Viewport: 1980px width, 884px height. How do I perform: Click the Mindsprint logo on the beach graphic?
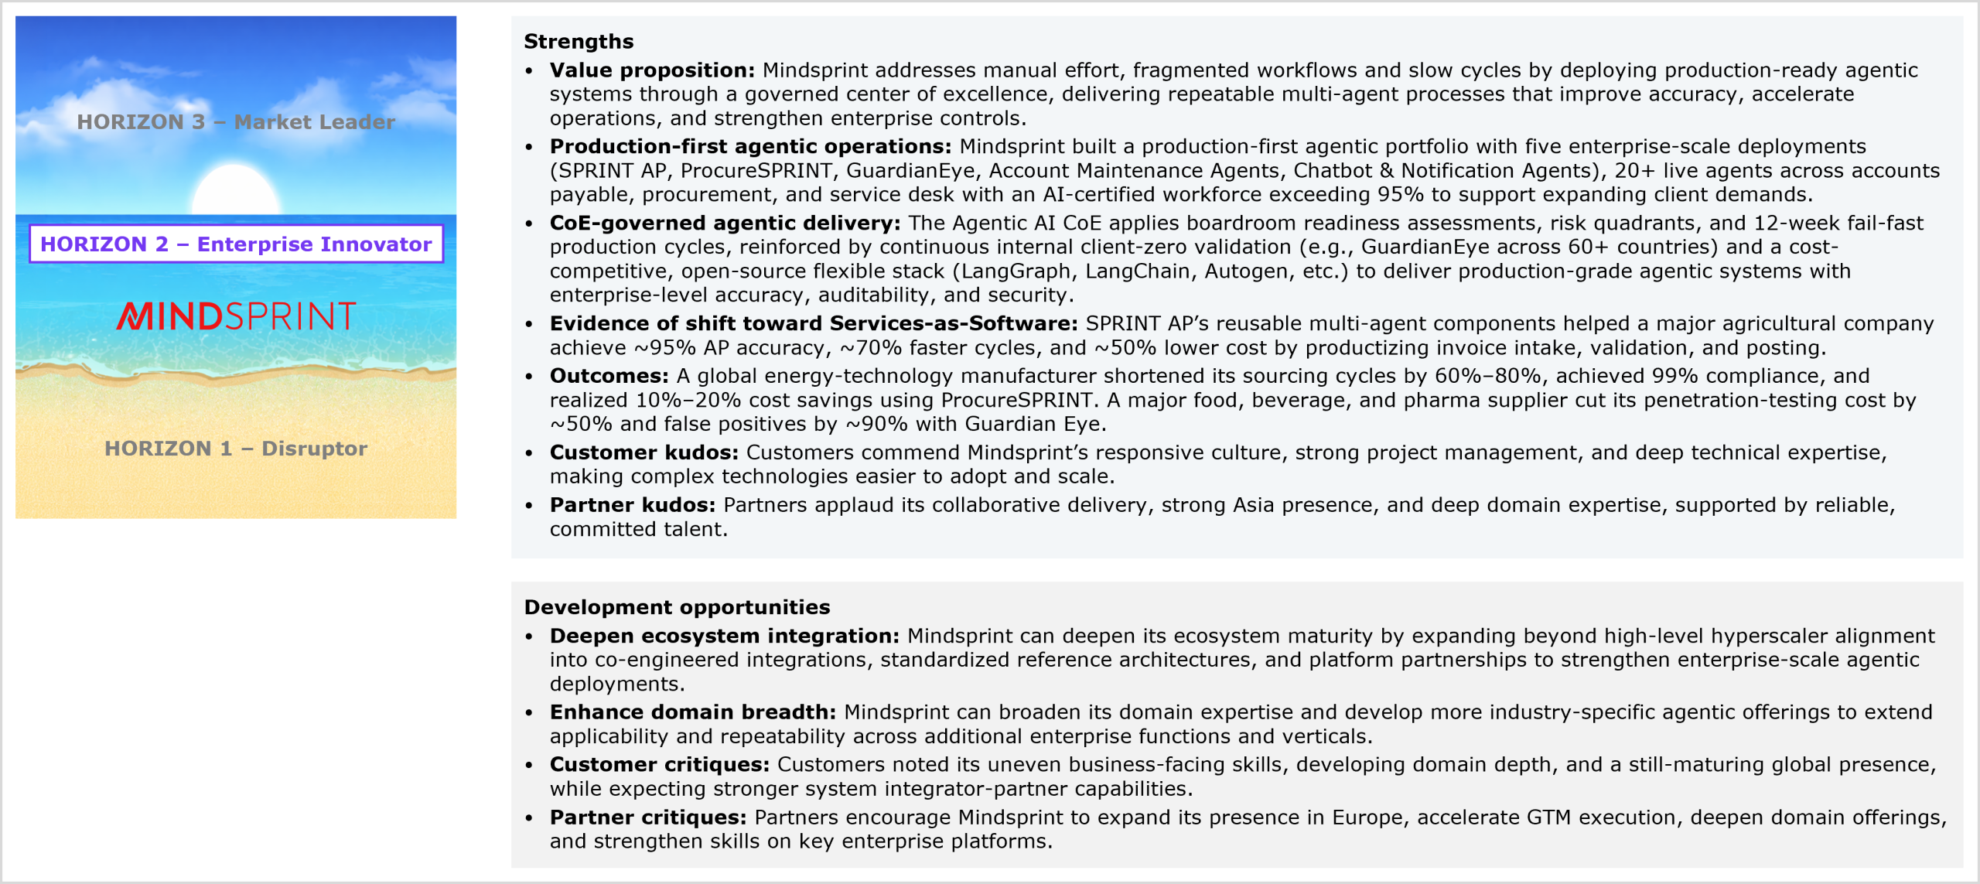pyautogui.click(x=236, y=316)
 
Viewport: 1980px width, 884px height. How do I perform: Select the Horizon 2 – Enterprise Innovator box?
pyautogui.click(x=236, y=244)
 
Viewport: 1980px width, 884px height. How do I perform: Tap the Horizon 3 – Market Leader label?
pyautogui.click(x=236, y=122)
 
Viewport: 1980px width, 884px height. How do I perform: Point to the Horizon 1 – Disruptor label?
pyautogui.click(x=236, y=449)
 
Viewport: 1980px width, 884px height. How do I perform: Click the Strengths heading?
pyautogui.click(x=579, y=42)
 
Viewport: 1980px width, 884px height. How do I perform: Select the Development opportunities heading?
pyautogui.click(x=677, y=607)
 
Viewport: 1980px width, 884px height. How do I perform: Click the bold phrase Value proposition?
pyautogui.click(x=652, y=70)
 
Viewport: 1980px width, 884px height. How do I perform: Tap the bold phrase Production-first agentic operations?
pyautogui.click(x=750, y=146)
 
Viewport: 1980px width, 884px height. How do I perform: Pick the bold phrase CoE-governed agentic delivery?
pyautogui.click(x=725, y=223)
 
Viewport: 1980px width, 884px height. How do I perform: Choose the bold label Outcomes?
pyautogui.click(x=609, y=376)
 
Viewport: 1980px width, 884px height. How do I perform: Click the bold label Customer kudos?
pyautogui.click(x=643, y=452)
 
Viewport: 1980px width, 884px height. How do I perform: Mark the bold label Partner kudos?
pyautogui.click(x=632, y=505)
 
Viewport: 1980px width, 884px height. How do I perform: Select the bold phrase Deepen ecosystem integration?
pyautogui.click(x=724, y=636)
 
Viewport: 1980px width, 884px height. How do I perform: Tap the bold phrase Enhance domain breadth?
pyautogui.click(x=692, y=712)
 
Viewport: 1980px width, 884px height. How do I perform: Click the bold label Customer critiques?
pyautogui.click(x=659, y=764)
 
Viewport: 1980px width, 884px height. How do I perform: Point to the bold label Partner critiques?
pyautogui.click(x=647, y=817)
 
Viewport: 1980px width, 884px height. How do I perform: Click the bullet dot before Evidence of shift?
pyautogui.click(x=529, y=325)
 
